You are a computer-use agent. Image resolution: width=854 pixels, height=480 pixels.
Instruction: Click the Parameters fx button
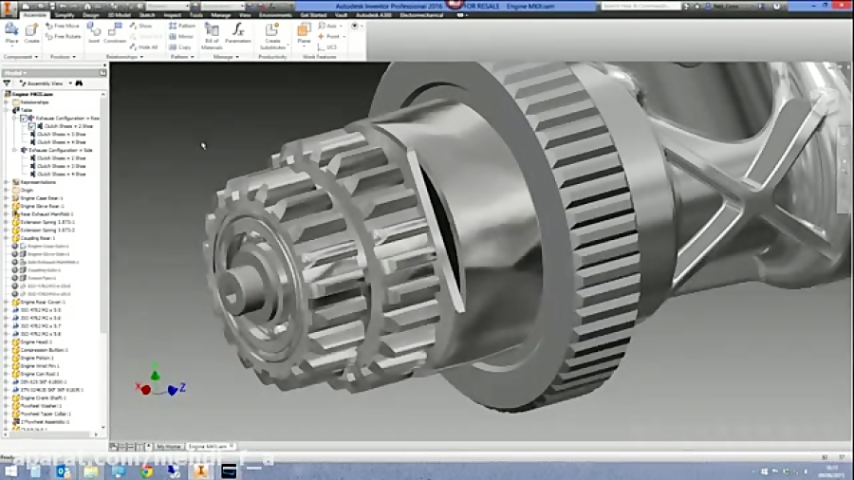pyautogui.click(x=238, y=33)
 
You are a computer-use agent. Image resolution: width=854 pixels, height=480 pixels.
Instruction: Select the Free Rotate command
pyautogui.click(x=64, y=37)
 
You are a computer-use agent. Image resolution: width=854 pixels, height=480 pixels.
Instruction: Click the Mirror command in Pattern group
pyautogui.click(x=184, y=36)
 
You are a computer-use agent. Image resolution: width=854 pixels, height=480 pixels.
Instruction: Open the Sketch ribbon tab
pyautogui.click(x=147, y=15)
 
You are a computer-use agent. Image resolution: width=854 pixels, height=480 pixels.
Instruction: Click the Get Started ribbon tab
pyautogui.click(x=312, y=15)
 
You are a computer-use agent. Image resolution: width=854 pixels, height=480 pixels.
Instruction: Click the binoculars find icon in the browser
pyautogui.click(x=80, y=83)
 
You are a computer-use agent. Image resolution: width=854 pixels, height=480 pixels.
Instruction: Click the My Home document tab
pyautogui.click(x=168, y=446)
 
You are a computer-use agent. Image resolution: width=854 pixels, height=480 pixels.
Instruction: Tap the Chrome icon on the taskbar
pyautogui.click(x=146, y=471)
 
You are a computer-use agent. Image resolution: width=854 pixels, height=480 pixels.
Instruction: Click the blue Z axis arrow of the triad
pyautogui.click(x=174, y=389)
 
